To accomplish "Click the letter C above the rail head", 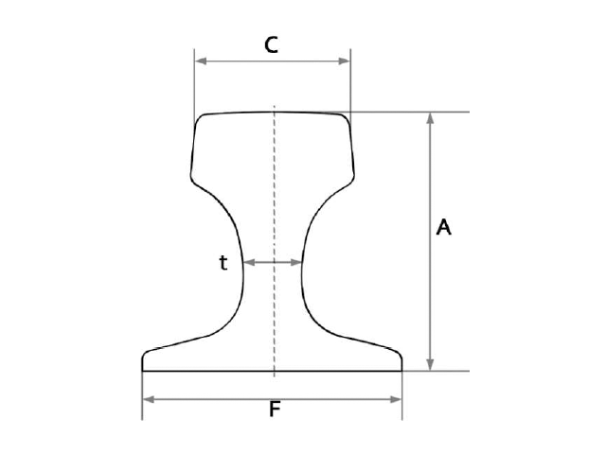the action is [272, 44].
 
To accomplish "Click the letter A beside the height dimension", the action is [443, 227].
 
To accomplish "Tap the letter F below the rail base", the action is [275, 410].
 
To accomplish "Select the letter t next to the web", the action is [223, 263].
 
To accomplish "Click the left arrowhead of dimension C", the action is [201, 61].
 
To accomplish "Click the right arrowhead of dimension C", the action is [344, 61].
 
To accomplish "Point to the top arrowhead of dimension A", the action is [430, 118].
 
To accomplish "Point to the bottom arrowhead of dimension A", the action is [430, 365].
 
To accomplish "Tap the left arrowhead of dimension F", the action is [149, 399].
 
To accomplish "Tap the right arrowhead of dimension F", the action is [396, 399].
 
